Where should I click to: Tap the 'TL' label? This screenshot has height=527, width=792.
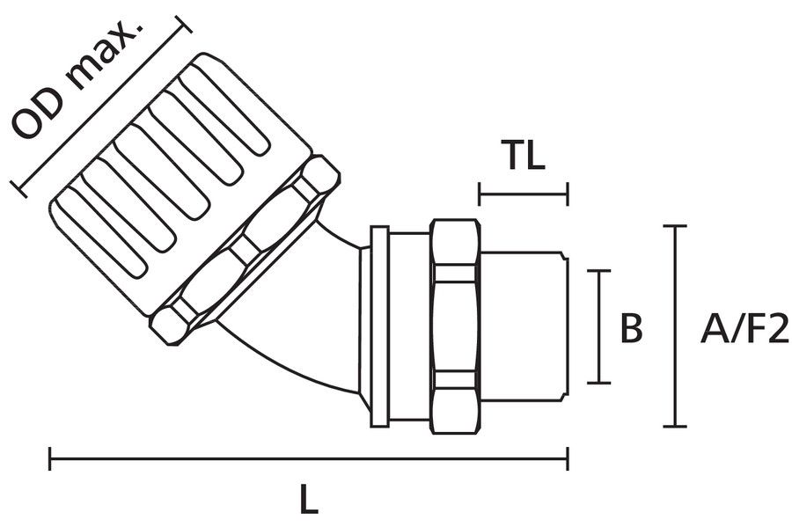(x=524, y=157)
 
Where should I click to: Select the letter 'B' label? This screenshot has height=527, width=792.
(x=631, y=328)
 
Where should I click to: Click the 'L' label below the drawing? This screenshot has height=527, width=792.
(x=307, y=501)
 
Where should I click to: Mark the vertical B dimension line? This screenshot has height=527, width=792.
(x=599, y=326)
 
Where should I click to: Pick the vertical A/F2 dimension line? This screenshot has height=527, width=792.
(x=674, y=326)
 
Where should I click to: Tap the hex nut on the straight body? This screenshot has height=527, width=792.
(x=455, y=326)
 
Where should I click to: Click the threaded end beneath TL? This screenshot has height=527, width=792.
(x=524, y=326)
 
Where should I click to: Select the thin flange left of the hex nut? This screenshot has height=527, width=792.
(x=380, y=326)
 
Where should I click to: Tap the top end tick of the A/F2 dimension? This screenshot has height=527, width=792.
(x=674, y=227)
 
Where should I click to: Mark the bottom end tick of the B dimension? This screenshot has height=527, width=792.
(x=599, y=382)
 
